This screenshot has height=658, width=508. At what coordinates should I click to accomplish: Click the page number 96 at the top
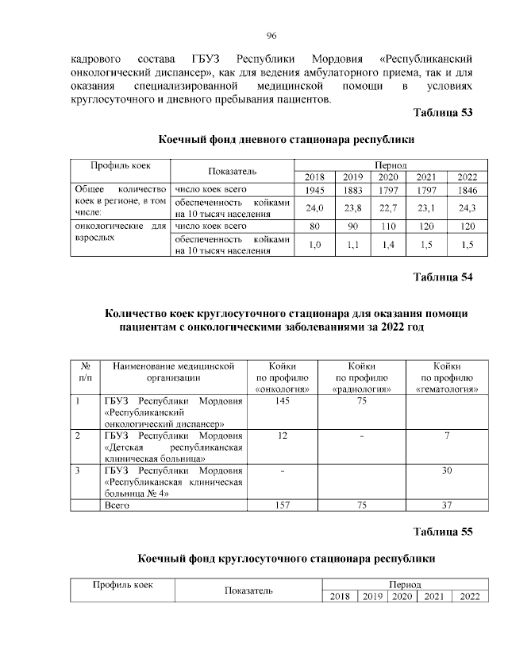(271, 36)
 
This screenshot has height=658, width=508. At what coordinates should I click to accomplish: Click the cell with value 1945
(315, 191)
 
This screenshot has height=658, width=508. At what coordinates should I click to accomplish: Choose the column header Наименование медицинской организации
(173, 372)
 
